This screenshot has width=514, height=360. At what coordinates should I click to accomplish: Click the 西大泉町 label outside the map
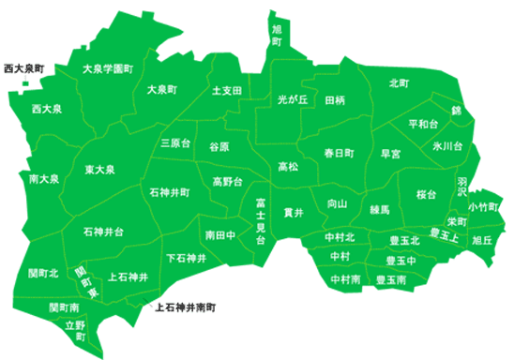click(24, 69)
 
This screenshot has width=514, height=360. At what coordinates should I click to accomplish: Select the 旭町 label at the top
click(276, 36)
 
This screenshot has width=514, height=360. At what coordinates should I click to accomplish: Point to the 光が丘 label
click(293, 98)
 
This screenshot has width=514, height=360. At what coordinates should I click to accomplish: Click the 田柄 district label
click(335, 99)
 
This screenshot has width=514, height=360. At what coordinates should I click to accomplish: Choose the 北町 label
click(399, 83)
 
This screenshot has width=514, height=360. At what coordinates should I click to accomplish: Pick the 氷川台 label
click(447, 147)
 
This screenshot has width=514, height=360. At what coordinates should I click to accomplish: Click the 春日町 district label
click(340, 152)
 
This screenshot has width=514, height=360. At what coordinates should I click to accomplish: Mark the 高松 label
click(288, 167)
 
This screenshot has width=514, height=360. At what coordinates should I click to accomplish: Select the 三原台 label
click(175, 143)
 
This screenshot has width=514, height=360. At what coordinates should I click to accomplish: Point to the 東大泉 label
click(98, 170)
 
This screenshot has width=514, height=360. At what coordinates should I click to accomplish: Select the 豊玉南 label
click(390, 279)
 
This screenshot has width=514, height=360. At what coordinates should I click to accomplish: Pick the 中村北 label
click(340, 238)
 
